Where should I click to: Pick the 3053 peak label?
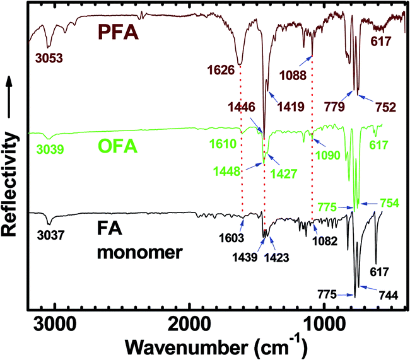47,60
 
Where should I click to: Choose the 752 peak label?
384,107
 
